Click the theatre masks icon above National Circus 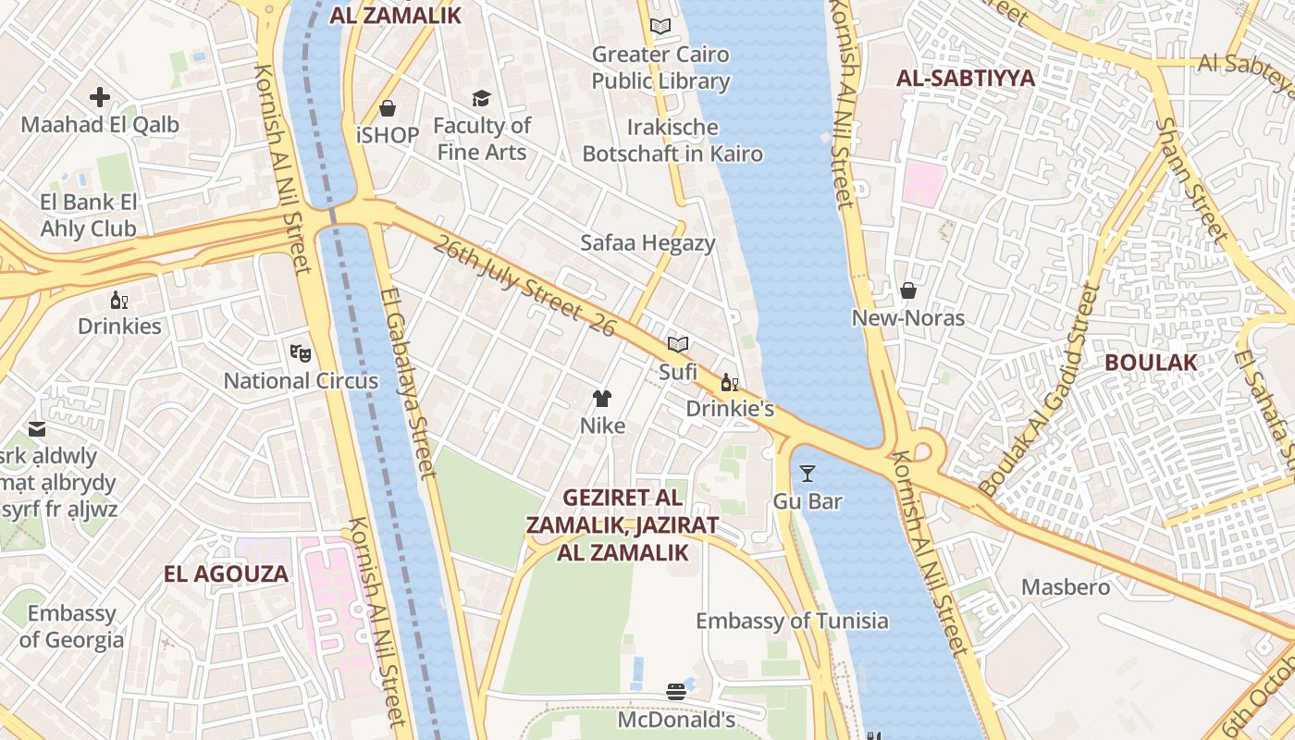coord(300,352)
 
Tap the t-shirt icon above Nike coord(602,399)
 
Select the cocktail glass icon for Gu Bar coord(808,474)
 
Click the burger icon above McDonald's coord(676,692)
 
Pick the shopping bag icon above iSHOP coord(388,108)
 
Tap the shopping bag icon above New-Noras coord(908,290)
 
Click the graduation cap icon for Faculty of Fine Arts coord(481,98)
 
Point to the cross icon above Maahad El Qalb coord(100,96)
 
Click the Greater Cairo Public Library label coord(660,68)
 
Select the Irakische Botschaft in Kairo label coord(672,141)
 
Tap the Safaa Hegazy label coord(647,243)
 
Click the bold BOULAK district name coord(1151,363)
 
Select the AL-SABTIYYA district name coord(965,79)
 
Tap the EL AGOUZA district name coord(227,573)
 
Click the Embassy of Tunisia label coord(792,621)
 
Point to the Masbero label coord(1065,587)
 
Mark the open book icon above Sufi coord(678,344)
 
